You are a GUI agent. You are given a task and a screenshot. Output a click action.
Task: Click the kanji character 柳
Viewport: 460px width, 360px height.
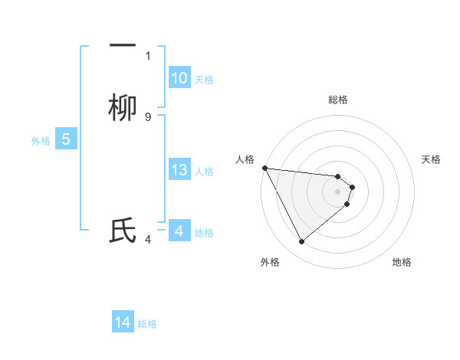123,109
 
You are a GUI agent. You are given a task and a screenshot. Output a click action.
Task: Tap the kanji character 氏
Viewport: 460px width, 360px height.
123,231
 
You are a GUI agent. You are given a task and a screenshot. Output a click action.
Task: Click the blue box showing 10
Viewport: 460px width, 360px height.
179,78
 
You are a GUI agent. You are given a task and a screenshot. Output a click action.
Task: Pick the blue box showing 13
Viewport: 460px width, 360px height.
179,170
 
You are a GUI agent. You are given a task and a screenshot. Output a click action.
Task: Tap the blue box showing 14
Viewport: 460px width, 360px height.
123,323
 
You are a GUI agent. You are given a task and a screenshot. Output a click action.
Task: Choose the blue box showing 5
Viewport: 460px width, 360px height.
66,139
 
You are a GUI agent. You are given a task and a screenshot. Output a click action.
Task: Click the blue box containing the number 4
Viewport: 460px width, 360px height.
179,231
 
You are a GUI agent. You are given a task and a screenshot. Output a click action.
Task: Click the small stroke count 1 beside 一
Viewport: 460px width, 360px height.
148,55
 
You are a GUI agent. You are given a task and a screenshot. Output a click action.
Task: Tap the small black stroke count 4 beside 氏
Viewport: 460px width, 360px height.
148,240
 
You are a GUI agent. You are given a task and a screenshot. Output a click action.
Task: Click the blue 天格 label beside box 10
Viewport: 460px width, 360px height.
204,79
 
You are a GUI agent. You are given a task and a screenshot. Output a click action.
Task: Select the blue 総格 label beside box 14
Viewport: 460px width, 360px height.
147,324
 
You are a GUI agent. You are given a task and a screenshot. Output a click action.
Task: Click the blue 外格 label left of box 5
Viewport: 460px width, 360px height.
41,140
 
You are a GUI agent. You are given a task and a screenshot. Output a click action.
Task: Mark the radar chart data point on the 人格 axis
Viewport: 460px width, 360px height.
264,168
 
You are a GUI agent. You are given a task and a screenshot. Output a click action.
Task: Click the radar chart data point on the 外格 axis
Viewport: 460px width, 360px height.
301,242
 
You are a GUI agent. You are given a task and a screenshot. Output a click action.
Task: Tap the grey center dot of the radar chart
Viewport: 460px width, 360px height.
338,191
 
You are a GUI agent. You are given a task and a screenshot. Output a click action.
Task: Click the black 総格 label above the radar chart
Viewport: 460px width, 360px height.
338,100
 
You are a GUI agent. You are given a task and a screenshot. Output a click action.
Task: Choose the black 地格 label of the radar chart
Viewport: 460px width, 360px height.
402,262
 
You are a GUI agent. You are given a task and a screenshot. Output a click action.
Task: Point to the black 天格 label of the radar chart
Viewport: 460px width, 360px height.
431,159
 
